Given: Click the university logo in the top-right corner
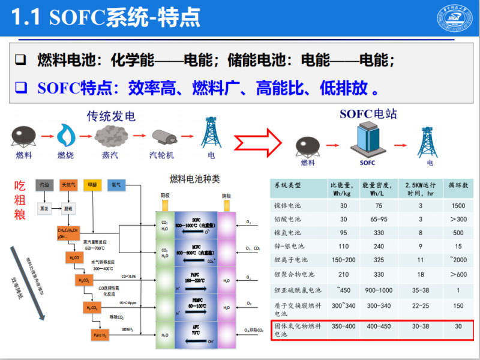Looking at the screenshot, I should click(x=454, y=17).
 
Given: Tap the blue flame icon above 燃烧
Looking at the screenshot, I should click(x=65, y=136).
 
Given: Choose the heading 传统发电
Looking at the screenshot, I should click(x=111, y=116).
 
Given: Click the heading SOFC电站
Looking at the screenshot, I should click(x=368, y=114).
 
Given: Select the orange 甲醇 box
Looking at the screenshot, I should click(x=92, y=185).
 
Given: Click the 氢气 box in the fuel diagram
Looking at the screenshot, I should click(x=116, y=185).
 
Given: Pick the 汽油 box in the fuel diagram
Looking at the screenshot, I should click(x=44, y=185).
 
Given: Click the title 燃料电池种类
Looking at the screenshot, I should click(x=195, y=179).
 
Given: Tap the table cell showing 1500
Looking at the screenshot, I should click(x=458, y=205).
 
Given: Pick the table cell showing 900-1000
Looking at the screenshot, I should click(x=378, y=290).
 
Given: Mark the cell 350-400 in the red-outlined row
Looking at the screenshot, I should click(x=343, y=327).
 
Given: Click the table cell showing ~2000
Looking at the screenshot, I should click(x=458, y=260).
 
